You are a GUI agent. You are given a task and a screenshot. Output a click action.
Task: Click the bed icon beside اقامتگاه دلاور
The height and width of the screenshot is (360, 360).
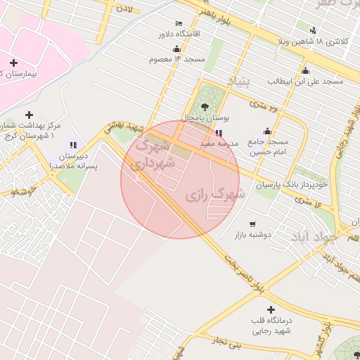pos(178,23)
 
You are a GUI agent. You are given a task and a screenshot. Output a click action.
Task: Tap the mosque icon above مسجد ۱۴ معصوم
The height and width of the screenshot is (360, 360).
pos(176,49)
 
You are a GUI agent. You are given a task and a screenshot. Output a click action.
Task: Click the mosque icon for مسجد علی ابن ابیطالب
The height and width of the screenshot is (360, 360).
pos(304,70)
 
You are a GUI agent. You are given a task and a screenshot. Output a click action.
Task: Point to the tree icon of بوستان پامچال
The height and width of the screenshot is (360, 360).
pos(205,107)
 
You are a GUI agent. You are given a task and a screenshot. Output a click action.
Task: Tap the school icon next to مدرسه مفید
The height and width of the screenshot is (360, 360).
pos(219,132)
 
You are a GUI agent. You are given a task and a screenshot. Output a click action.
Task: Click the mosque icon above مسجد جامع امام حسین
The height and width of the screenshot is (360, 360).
pos(267,131)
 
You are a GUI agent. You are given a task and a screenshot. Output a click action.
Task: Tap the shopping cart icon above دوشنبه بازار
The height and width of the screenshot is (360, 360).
pos(252,224)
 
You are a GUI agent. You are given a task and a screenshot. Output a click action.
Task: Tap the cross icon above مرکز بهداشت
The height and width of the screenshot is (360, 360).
pos(29,115)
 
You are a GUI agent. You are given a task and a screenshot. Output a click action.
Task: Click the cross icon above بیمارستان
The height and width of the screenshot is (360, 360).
pos(13,63)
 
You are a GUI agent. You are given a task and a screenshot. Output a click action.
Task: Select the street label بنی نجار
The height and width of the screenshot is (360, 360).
pos(228,345)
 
